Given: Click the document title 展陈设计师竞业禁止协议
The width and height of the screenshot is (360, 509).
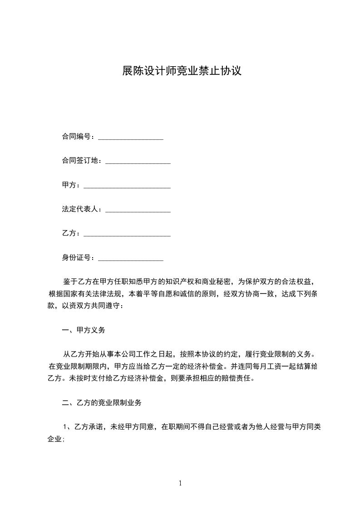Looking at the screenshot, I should coord(181,71).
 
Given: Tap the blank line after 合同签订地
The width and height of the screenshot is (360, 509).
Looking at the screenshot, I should coord(138,161).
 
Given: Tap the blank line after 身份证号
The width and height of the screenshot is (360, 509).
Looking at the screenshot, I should coord(131,259).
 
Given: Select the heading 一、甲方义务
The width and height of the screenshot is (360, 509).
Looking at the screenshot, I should coord(83,330).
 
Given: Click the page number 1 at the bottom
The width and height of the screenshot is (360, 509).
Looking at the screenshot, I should coord(181,483).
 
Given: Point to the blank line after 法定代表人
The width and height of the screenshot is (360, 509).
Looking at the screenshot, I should coord(138,210).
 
